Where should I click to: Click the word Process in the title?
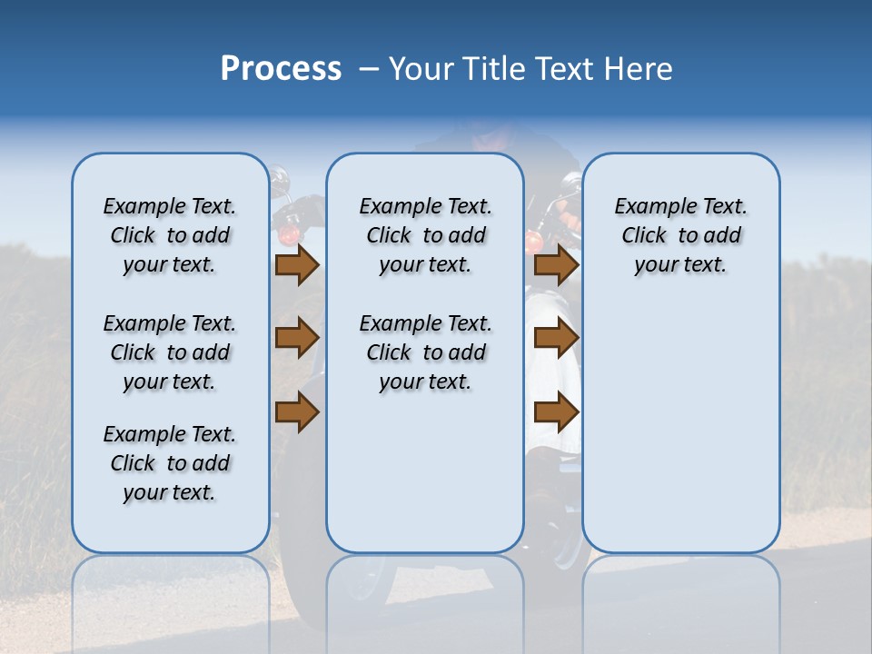281,69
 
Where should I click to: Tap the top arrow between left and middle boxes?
297,264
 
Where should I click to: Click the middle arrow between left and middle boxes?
297,338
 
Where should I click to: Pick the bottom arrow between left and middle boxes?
297,411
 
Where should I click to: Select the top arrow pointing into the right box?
556,264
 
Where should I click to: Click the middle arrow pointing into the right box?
556,338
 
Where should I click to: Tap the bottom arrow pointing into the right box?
556,411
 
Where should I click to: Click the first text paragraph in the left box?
170,235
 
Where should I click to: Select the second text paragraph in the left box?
170,352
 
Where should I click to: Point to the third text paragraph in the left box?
170,463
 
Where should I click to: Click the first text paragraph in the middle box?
425,235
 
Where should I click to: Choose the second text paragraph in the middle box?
425,352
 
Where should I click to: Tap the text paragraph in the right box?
680,235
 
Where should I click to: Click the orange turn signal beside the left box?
288,235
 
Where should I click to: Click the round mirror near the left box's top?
277,174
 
